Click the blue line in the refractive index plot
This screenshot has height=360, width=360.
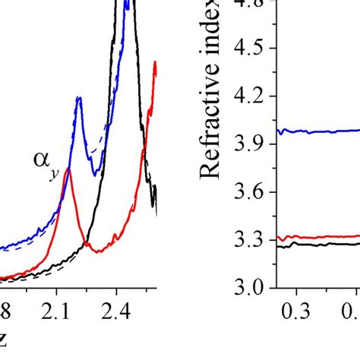click(319, 131)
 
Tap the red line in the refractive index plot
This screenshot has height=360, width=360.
click(319, 237)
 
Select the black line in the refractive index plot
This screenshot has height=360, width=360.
click(319, 244)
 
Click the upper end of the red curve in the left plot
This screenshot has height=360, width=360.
click(155, 63)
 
